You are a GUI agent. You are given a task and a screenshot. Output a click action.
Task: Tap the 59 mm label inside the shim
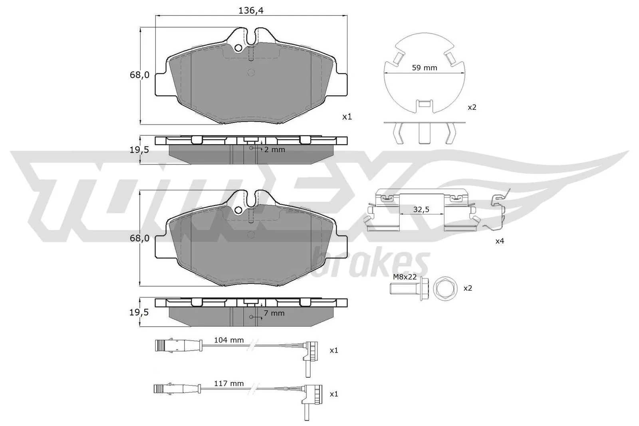coord(425,68)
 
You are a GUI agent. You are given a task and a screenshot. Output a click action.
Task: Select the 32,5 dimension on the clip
coord(421,209)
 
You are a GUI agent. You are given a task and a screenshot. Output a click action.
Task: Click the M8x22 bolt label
coord(405,277)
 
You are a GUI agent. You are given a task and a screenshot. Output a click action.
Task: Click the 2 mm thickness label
coord(274,150)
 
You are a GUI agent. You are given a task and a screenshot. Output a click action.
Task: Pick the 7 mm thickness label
coord(274,313)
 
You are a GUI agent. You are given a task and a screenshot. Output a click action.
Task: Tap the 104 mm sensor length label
coord(229,340)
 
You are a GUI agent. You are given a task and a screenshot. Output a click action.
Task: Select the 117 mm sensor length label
coord(229,384)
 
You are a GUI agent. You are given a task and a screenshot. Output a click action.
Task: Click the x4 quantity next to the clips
coord(500,241)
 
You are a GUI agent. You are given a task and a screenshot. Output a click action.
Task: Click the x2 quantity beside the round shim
coord(472,107)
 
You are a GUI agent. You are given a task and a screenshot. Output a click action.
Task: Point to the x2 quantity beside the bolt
coord(467,288)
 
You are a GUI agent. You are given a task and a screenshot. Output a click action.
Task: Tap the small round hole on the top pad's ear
coord(238,48)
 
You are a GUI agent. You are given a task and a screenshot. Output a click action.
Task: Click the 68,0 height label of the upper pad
coord(139,75)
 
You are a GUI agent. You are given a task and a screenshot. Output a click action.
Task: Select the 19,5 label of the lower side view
coord(139,312)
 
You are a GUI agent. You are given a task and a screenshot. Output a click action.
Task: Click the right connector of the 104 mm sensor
coord(310,351)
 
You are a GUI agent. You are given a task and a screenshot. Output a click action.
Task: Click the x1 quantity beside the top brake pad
coord(347,117)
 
